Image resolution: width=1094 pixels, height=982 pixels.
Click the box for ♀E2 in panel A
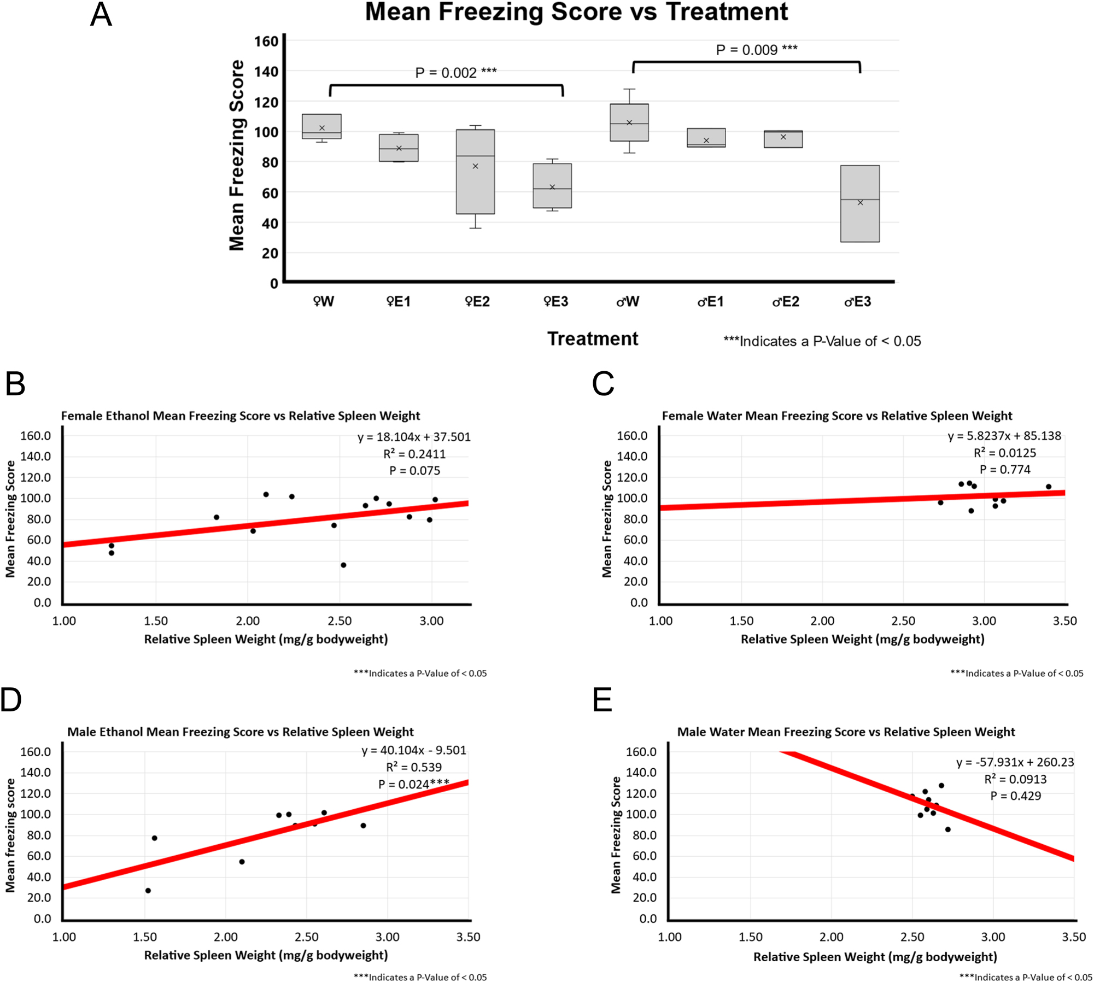point(475,172)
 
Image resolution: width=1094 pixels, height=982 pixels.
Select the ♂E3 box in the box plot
point(859,203)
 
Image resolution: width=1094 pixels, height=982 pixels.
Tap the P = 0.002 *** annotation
point(455,73)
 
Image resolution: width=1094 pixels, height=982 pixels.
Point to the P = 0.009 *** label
point(756,50)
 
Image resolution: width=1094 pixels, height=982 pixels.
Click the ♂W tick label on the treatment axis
point(628,301)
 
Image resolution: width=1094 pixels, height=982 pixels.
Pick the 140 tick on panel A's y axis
point(266,72)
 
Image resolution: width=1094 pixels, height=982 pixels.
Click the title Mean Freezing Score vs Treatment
point(576,12)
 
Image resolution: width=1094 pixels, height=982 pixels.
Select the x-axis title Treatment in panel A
point(593,338)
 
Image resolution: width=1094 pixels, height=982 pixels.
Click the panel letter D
point(11,699)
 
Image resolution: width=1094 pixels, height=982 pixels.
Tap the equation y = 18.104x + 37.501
point(414,437)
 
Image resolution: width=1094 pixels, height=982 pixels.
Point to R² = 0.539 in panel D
point(413,767)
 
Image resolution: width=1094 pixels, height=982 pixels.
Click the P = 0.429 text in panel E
point(1015,796)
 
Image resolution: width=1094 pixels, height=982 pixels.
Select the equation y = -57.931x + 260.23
point(1015,762)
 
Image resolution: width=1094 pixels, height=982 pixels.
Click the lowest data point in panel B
point(343,565)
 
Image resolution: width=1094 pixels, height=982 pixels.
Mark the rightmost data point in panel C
point(1048,487)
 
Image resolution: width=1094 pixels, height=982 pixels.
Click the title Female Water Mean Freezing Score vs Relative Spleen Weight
point(836,416)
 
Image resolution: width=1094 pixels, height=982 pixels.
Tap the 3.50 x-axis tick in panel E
point(1073,937)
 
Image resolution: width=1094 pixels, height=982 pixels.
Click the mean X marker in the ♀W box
point(322,128)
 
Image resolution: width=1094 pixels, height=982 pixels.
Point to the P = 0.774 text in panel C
point(1004,469)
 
